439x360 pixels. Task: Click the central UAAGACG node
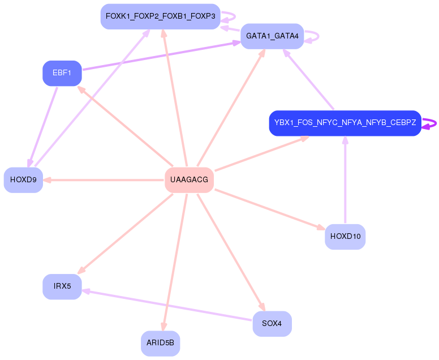point(189,180)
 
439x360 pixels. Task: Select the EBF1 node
point(62,73)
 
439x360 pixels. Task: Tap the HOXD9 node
point(23,180)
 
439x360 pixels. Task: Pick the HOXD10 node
point(345,237)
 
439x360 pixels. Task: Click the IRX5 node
point(62,286)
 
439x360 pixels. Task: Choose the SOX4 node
point(272,324)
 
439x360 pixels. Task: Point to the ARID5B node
point(160,343)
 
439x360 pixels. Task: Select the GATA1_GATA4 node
point(272,36)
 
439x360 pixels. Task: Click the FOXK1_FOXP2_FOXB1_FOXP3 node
point(160,16)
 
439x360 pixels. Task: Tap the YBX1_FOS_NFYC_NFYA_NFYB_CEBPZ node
point(345,123)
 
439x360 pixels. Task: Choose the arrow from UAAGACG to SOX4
point(230,251)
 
